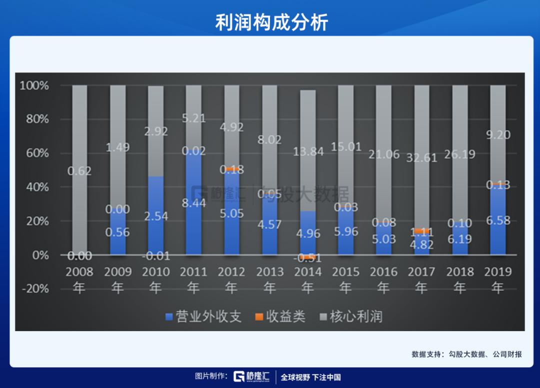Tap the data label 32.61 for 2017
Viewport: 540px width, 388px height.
coord(421,158)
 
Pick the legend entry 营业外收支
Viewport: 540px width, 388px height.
coord(203,317)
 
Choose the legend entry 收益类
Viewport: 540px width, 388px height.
coord(280,317)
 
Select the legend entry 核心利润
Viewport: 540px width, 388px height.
coord(350,317)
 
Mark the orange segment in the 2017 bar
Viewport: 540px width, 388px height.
coord(421,231)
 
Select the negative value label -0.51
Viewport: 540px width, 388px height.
coord(307,258)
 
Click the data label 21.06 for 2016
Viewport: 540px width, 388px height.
coord(383,154)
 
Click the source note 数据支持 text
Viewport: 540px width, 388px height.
coord(466,354)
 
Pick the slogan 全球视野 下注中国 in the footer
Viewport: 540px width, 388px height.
coord(310,377)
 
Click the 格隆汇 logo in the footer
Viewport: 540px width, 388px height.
coord(252,377)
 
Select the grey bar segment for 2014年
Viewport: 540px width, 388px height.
coord(307,125)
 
